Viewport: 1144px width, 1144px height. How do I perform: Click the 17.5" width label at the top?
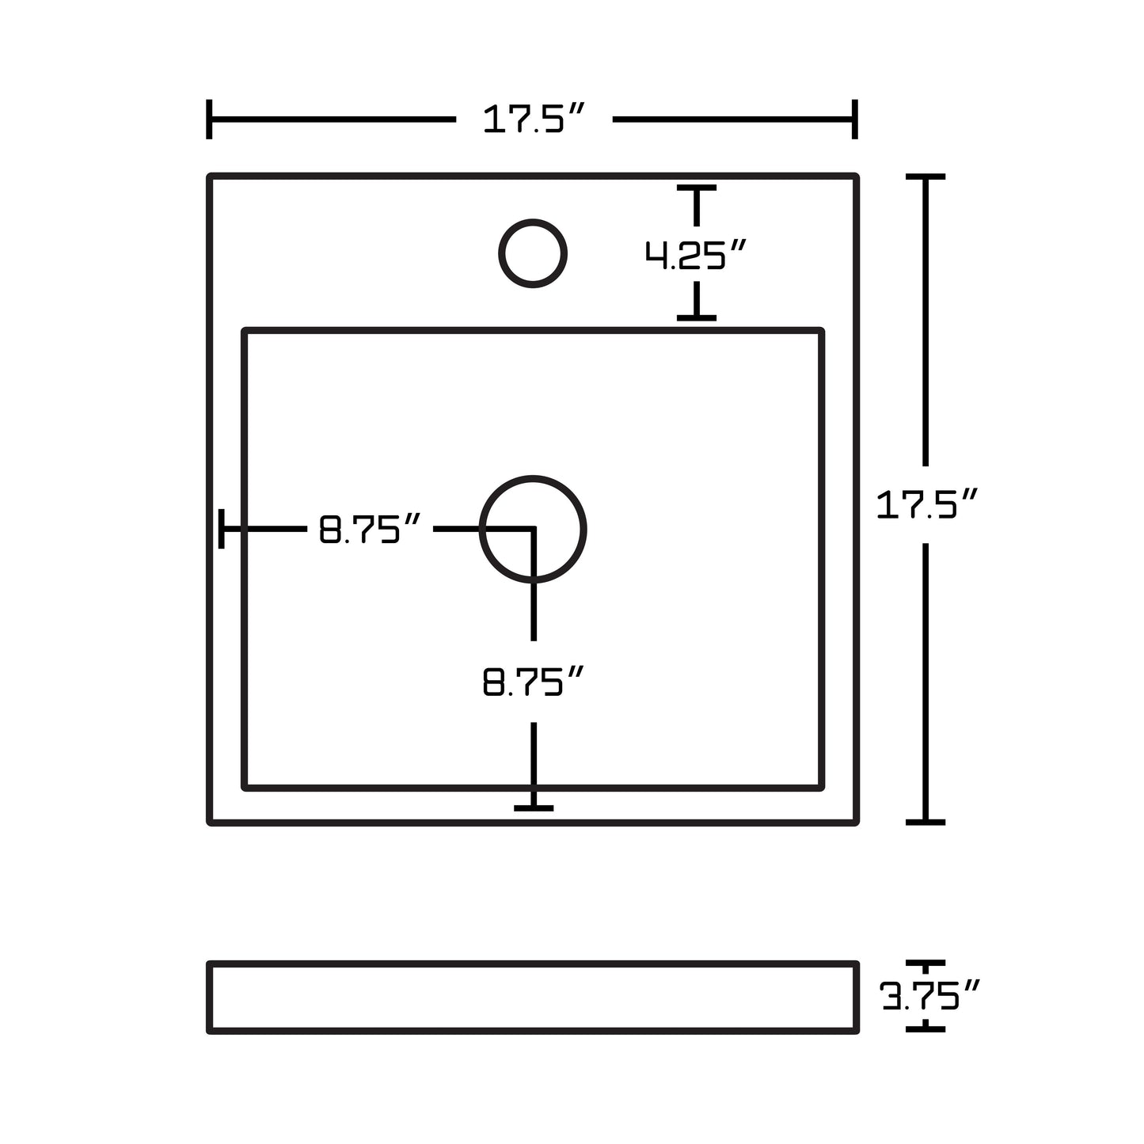tap(533, 120)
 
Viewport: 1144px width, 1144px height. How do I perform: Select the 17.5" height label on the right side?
tap(927, 505)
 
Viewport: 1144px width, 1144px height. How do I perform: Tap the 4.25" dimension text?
tap(696, 255)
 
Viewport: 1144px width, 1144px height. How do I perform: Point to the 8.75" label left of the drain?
tap(369, 530)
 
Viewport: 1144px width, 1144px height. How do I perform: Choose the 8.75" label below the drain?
tap(533, 682)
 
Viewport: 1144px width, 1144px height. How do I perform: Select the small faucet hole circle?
tap(533, 253)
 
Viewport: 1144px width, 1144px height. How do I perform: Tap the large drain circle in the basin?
tap(533, 529)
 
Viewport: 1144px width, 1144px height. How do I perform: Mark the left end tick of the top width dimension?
tap(209, 120)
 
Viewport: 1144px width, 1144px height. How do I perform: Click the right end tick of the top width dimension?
tap(855, 120)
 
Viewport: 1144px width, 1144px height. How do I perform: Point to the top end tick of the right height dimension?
tap(925, 177)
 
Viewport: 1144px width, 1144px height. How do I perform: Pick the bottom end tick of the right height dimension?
tap(925, 823)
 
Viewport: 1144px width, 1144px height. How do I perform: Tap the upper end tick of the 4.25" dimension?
tap(697, 188)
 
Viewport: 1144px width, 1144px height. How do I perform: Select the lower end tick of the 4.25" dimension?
tap(697, 317)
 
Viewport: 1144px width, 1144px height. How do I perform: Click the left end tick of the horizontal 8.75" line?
tap(222, 529)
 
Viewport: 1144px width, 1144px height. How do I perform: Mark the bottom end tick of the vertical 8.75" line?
tap(534, 808)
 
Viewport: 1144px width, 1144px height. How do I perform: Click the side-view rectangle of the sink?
tap(533, 998)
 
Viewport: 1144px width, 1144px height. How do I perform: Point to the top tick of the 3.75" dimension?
tap(925, 963)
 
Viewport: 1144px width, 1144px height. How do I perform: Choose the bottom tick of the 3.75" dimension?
tap(925, 1029)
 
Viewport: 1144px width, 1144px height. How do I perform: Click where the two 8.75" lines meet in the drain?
tap(534, 528)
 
